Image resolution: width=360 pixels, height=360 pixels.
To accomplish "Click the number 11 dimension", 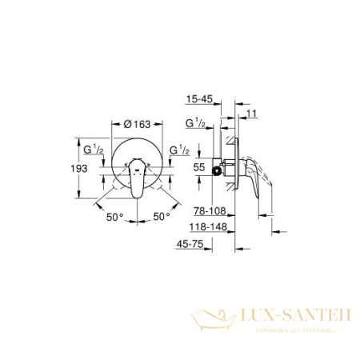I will pos(252,115).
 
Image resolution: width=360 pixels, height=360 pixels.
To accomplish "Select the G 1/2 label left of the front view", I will pos(94,148).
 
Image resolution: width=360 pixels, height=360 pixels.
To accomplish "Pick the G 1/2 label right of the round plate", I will pos(181,148).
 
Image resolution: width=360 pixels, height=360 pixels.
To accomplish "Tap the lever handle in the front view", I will pos(136,178).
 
